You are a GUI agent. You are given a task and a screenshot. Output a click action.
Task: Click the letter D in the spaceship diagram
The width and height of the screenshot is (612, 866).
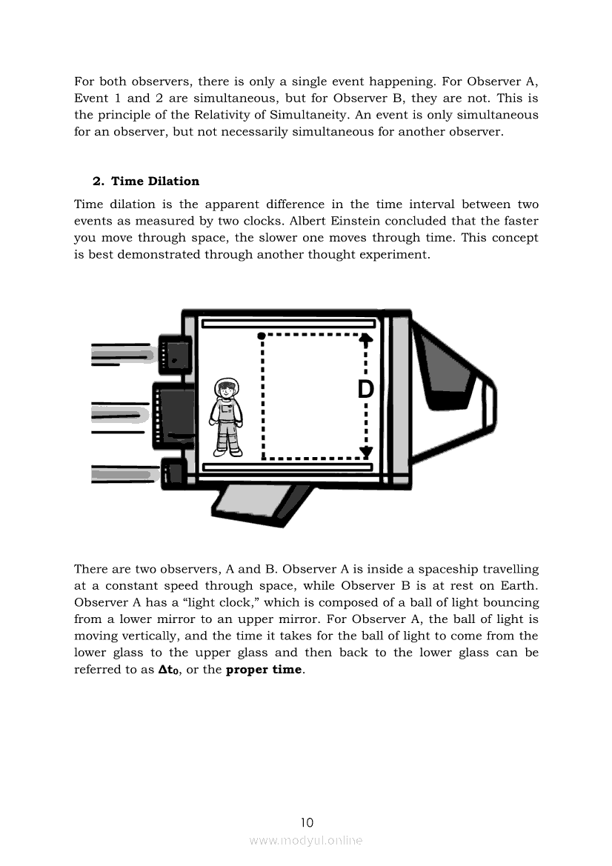click(x=365, y=390)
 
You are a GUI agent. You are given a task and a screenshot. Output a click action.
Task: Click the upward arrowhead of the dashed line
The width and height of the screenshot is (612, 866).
click(x=365, y=339)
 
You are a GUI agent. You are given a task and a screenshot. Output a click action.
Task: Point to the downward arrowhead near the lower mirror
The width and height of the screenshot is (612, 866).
click(x=365, y=453)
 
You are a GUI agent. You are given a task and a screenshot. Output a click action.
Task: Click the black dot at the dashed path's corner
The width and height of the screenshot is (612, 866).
click(x=261, y=336)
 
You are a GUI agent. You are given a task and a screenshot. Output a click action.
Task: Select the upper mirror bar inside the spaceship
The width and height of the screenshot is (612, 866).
click(x=289, y=324)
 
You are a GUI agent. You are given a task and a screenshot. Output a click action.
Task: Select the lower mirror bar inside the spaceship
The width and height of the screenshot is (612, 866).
click(x=287, y=467)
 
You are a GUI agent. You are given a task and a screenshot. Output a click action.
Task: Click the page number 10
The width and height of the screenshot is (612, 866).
click(x=307, y=822)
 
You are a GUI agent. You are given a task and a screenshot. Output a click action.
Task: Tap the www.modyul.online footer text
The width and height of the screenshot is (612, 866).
click(x=306, y=840)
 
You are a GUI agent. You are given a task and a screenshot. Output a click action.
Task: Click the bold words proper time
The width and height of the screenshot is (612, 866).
click(x=264, y=670)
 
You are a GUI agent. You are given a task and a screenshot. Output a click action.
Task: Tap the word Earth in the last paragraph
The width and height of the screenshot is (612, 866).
click(x=518, y=585)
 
